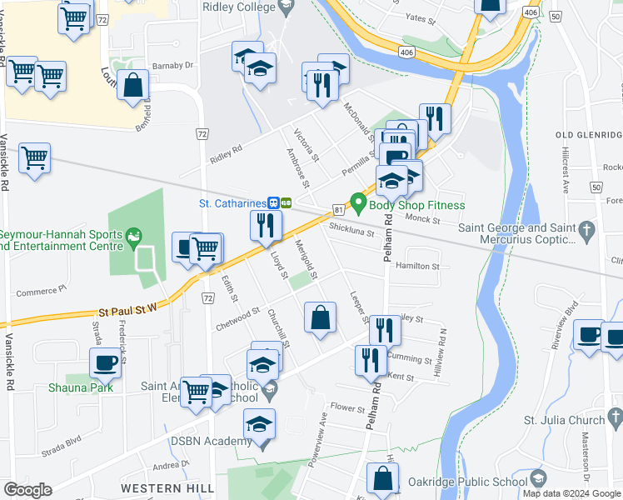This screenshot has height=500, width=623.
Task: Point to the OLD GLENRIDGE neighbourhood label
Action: click(x=588, y=135)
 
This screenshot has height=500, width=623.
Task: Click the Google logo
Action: click(x=27, y=490)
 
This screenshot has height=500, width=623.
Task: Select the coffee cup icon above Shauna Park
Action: click(x=105, y=363)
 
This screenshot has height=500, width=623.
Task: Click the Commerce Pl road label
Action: click(x=41, y=292)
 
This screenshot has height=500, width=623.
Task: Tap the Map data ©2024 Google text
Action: click(x=571, y=493)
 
